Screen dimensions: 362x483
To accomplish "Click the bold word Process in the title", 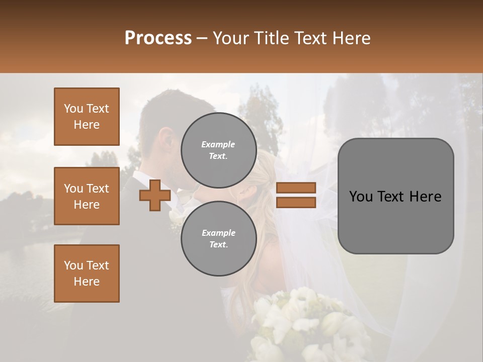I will (158, 38).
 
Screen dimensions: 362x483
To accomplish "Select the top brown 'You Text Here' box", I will (87, 117).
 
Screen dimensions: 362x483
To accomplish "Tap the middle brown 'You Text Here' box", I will (87, 196).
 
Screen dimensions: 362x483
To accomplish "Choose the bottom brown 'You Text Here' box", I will (87, 274).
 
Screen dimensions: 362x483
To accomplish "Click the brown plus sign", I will (155, 195).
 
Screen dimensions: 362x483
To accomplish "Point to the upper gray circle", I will (218, 150).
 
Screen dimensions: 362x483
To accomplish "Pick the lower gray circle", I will (218, 238).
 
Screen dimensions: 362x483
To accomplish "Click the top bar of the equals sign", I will (296, 188).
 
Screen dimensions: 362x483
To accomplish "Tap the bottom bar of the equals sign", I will (296, 203).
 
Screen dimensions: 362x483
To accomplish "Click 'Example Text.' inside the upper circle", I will (218, 150).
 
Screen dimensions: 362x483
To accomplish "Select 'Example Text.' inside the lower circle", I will (218, 238).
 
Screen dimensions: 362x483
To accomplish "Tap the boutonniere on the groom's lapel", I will (176, 219).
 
